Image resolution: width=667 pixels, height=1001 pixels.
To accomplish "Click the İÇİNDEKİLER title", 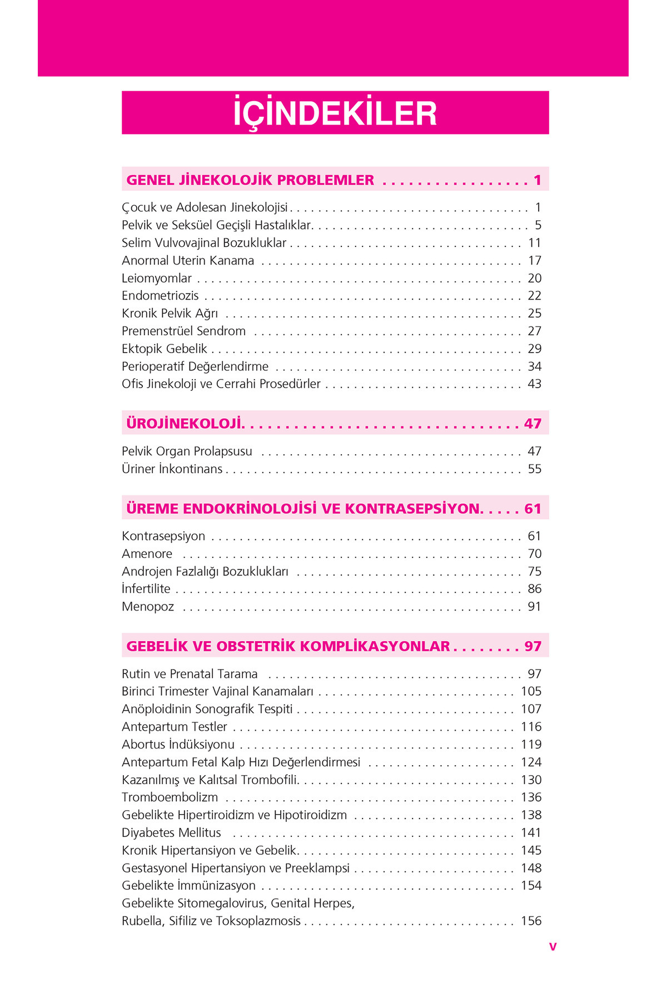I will pyautogui.click(x=335, y=113).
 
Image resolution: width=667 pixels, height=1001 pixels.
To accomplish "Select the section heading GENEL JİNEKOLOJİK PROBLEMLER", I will pyautogui.click(x=250, y=180).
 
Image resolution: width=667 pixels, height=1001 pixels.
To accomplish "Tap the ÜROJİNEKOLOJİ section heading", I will pyautogui.click(x=185, y=424).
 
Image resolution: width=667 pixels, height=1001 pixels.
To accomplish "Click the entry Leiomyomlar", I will pyautogui.click(x=157, y=278).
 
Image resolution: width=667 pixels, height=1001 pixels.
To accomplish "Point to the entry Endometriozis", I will pyautogui.click(x=160, y=296).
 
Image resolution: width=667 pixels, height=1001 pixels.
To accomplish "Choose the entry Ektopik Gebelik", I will pyautogui.click(x=165, y=349).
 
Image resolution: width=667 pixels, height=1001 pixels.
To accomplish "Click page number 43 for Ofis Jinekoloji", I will pyautogui.click(x=534, y=384).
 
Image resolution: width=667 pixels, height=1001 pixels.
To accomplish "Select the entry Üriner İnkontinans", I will pyautogui.click(x=172, y=469).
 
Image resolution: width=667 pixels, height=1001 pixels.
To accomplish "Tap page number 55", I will pyautogui.click(x=534, y=469).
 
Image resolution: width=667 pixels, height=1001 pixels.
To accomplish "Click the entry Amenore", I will pyautogui.click(x=147, y=554).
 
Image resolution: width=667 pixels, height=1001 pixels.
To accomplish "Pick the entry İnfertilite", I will pyautogui.click(x=146, y=589).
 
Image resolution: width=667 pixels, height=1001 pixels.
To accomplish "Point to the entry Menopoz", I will pyautogui.click(x=148, y=607).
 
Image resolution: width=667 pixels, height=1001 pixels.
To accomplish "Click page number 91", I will pyautogui.click(x=534, y=607).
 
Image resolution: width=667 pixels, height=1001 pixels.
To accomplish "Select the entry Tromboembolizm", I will pyautogui.click(x=170, y=797).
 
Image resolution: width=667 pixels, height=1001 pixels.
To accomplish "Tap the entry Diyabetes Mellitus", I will pyautogui.click(x=171, y=833).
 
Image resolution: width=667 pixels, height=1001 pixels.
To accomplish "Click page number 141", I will pyautogui.click(x=531, y=833).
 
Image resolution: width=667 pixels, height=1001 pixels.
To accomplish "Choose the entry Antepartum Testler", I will pyautogui.click(x=175, y=727).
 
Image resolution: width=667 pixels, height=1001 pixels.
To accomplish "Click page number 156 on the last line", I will pyautogui.click(x=531, y=921).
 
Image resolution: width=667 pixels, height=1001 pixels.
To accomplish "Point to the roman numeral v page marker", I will pyautogui.click(x=552, y=947).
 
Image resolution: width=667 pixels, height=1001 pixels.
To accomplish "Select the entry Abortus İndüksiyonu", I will pyautogui.click(x=178, y=745).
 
